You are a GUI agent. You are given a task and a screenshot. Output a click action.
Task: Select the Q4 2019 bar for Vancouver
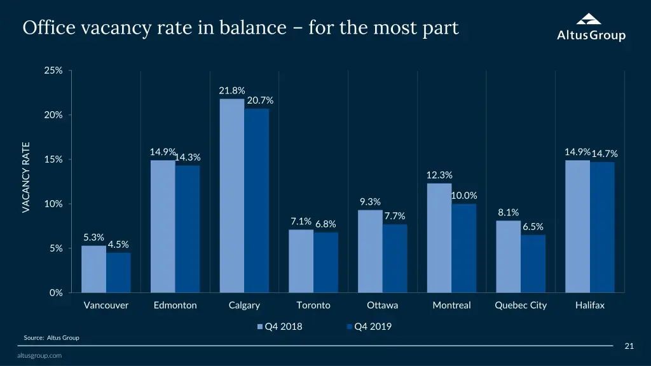click(118, 273)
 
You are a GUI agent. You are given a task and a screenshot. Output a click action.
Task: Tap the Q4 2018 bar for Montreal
click(439, 238)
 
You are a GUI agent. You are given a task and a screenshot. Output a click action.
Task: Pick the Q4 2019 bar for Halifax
click(602, 227)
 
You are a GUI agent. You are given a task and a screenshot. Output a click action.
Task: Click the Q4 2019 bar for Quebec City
click(533, 264)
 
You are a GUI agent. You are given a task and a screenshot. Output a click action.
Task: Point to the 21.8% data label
click(232, 91)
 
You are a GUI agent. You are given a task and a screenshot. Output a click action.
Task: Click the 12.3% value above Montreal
click(439, 175)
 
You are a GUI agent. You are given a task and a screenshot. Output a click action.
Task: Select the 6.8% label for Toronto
click(325, 224)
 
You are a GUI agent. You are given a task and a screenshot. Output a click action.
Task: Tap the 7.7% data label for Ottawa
click(395, 216)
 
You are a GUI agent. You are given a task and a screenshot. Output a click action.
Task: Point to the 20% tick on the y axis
click(53, 115)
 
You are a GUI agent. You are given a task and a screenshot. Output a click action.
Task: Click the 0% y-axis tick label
click(56, 293)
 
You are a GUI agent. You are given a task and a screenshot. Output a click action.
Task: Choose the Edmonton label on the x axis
click(175, 305)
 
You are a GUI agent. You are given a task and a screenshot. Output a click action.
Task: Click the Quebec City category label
click(521, 305)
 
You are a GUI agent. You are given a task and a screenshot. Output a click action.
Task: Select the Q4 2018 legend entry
click(280, 327)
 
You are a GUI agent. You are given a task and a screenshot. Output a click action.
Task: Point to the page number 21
click(629, 346)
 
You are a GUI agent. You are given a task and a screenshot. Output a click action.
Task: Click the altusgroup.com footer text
click(39, 356)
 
